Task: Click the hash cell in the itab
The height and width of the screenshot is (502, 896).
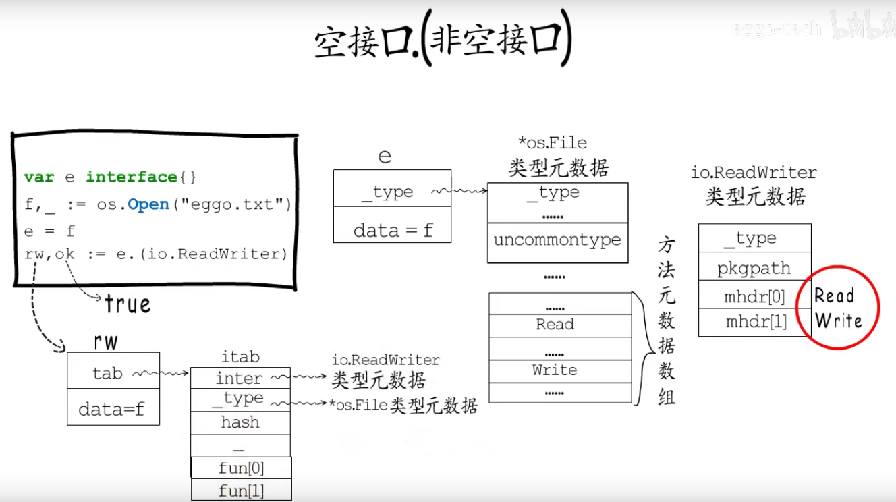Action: click(240, 422)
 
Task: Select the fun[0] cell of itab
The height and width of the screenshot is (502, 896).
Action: click(242, 468)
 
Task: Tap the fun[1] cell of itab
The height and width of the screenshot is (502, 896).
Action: click(242, 491)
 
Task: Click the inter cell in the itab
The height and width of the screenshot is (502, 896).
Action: click(239, 379)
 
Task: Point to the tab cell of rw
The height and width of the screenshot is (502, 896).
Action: click(108, 373)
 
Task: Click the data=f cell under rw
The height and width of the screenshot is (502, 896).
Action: click(112, 408)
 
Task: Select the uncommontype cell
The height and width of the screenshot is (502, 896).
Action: click(557, 240)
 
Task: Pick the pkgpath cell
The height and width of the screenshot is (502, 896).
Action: click(754, 268)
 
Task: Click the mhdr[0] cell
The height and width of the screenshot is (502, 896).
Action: click(754, 296)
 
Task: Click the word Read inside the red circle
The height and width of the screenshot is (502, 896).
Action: click(835, 296)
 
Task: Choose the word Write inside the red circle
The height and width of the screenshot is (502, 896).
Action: click(839, 320)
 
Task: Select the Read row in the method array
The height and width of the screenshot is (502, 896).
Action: click(555, 325)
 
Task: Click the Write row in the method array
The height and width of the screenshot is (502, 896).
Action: click(555, 370)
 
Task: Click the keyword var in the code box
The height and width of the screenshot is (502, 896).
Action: click(38, 177)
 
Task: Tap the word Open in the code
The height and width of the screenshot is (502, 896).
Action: click(148, 204)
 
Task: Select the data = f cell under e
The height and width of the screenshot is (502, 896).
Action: click(393, 231)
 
